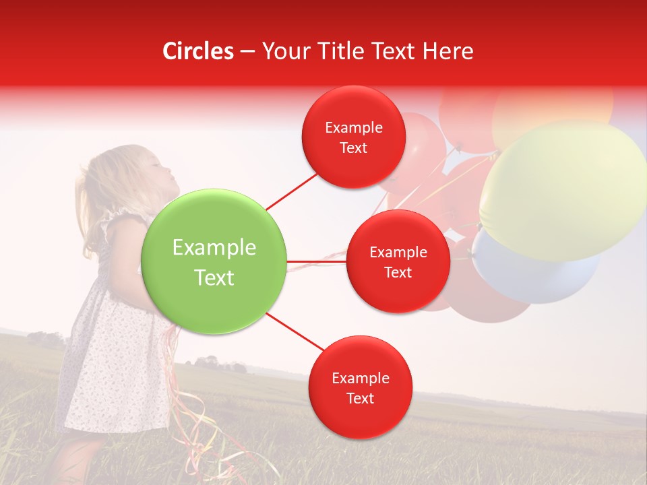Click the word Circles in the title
click(x=198, y=51)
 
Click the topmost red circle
click(x=354, y=137)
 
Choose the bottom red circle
click(x=360, y=387)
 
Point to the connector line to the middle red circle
click(x=317, y=261)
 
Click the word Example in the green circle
click(x=214, y=248)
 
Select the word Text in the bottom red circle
click(x=360, y=398)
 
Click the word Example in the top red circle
click(x=354, y=127)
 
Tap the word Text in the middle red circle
click(x=398, y=272)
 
